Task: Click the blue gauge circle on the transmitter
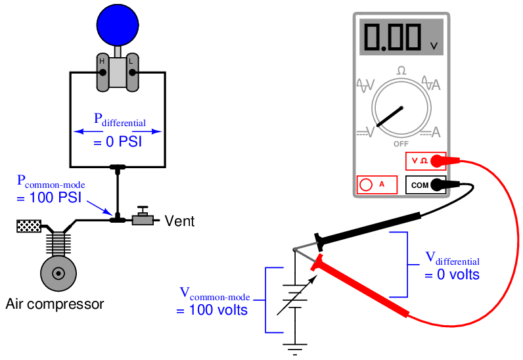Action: [x=118, y=24]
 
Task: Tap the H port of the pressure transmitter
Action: [x=102, y=71]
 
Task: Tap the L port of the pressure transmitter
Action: [x=132, y=71]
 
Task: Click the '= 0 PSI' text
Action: [x=118, y=141]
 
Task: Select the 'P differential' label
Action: [x=119, y=120]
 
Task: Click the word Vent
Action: [x=179, y=221]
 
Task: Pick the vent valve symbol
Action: [x=142, y=217]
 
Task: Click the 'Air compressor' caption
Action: [x=55, y=304]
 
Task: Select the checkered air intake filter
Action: [x=28, y=227]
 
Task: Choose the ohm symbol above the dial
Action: [x=401, y=70]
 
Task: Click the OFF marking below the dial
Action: [x=401, y=143]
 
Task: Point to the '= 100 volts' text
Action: [x=212, y=309]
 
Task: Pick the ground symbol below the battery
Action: [x=293, y=348]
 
